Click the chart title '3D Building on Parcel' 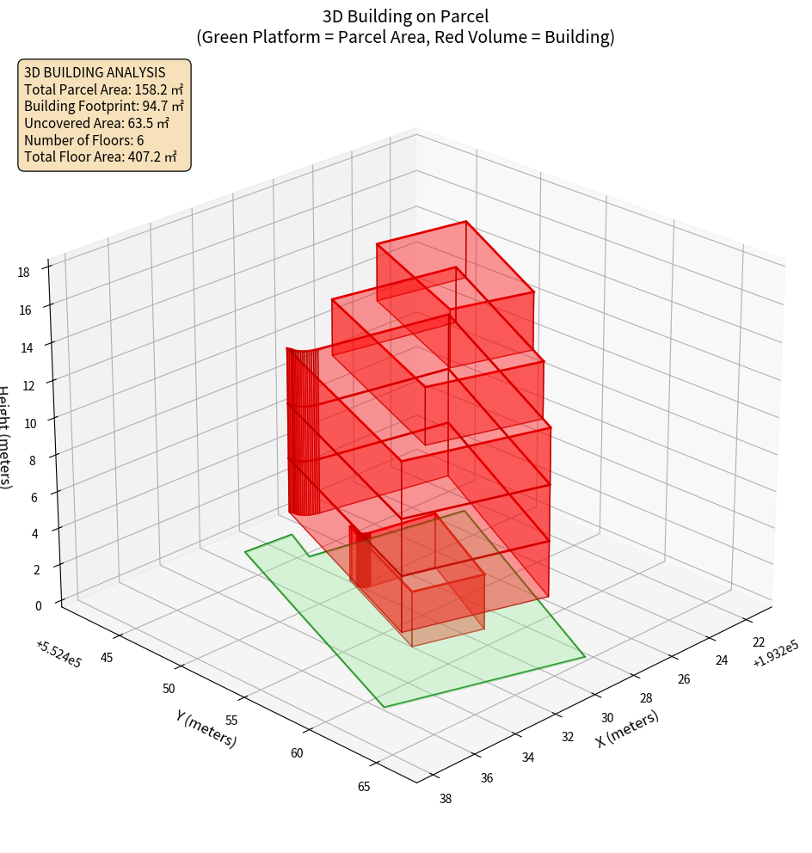click(x=406, y=15)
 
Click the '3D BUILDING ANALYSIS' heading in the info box click(x=95, y=72)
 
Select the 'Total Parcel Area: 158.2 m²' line click(x=103, y=89)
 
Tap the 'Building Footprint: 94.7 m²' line click(x=104, y=106)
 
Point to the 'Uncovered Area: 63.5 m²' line click(x=96, y=123)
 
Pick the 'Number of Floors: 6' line click(x=84, y=140)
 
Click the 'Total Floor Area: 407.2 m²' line click(x=101, y=156)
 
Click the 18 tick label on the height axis click(x=23, y=273)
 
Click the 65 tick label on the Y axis click(x=364, y=786)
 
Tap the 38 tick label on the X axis click(x=446, y=799)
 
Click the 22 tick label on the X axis click(x=758, y=642)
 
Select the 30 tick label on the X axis click(x=608, y=718)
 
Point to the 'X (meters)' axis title click(x=627, y=729)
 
